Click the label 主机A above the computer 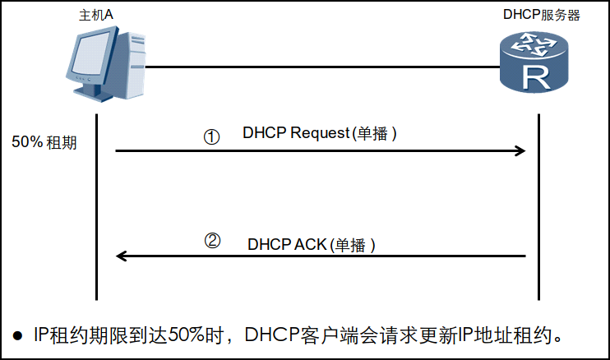tap(96, 15)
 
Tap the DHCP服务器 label tap(542, 15)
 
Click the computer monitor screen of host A tap(91, 54)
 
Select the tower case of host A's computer tap(131, 65)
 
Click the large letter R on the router tap(536, 77)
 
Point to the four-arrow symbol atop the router tap(534, 44)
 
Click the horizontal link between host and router tap(322, 67)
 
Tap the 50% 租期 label tap(44, 142)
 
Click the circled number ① tap(211, 136)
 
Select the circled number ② tap(212, 241)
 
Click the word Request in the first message tap(320, 133)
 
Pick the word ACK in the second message tap(311, 245)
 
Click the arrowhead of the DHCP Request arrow tap(520, 151)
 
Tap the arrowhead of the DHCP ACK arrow tap(122, 256)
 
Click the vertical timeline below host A tap(96, 207)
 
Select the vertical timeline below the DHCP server tap(538, 207)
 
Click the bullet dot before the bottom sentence tap(17, 336)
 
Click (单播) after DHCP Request tap(374, 133)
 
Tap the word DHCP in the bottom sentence tap(272, 335)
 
